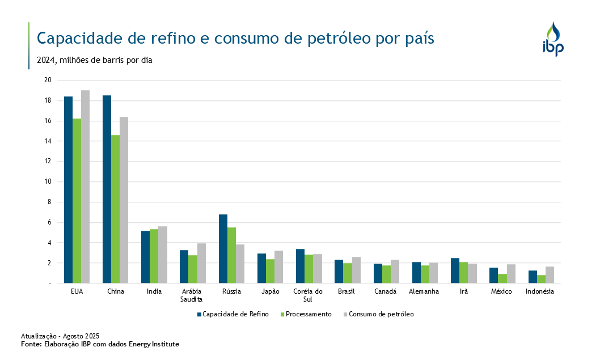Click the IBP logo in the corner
pos(553,39)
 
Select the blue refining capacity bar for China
pos(107,189)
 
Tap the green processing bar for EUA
pos(77,201)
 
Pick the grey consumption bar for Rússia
pos(240,264)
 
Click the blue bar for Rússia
pos(223,248)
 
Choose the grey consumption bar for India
pos(163,255)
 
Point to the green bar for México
pos(502,278)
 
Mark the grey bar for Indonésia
pos(550,274)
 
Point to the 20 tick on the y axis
pos(48,80)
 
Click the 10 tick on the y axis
pos(48,181)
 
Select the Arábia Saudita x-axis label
pos(192,295)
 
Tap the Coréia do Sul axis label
pos(308,295)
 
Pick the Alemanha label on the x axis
pos(424,291)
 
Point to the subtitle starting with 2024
pos(94,60)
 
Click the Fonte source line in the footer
pos(100,344)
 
